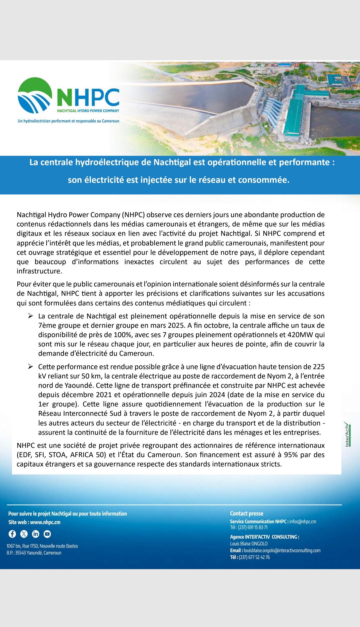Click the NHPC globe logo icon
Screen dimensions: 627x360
35,95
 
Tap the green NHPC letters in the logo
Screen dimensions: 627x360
88,97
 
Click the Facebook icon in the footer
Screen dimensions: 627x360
12,534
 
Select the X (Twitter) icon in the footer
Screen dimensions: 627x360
24,534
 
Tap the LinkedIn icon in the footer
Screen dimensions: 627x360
36,534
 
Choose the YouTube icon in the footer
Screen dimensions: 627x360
47,534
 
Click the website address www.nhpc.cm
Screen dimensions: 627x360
45,522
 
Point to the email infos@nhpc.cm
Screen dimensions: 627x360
303,522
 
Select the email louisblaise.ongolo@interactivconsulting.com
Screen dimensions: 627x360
282,550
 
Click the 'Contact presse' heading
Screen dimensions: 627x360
247,514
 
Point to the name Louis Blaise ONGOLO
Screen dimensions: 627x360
249,544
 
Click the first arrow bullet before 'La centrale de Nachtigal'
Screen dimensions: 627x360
30,316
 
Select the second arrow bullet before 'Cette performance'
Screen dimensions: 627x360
30,367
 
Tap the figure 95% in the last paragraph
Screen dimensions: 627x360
291,455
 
